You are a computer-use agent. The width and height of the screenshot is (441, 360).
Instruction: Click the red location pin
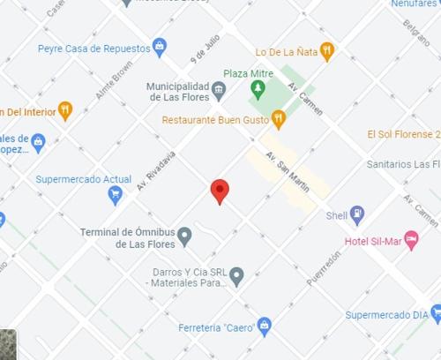220,190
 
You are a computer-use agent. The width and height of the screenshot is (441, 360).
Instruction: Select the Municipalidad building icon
219,87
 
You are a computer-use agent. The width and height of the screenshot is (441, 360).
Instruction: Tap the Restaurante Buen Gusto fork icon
279,117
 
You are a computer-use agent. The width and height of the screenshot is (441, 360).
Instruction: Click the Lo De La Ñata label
285,52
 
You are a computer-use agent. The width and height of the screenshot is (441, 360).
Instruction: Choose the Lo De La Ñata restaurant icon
327,51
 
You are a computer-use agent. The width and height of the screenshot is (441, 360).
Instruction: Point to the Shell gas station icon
356,214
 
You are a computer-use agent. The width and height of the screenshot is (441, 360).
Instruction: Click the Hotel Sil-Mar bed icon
411,240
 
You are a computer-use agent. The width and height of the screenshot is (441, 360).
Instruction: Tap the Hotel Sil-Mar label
372,241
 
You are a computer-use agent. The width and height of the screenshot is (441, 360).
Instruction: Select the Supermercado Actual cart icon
115,196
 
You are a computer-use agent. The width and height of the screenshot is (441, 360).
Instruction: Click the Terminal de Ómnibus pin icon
184,236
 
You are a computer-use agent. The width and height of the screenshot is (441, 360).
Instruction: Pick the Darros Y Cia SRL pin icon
236,277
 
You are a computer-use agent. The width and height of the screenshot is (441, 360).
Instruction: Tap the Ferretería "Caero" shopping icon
263,327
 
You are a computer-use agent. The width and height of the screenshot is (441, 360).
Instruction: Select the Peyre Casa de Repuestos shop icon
160,46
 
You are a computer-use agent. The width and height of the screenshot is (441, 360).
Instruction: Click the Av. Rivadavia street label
156,170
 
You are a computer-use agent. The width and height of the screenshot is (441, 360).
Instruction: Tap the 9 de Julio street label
204,49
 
